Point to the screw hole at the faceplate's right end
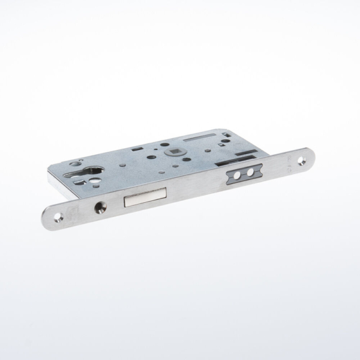(302, 158)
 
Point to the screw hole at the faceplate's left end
(58, 217)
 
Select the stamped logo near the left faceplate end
(73, 211)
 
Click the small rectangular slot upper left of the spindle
(138, 148)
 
